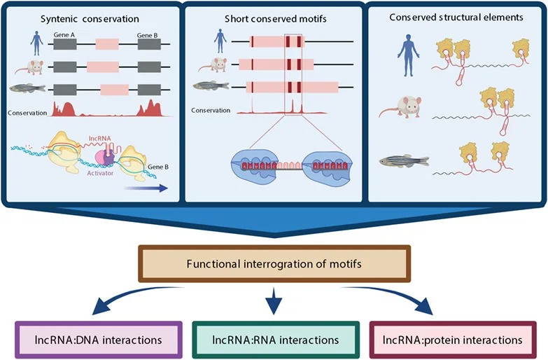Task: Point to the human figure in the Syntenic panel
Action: click(x=35, y=43)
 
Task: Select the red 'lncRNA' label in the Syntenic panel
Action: click(x=100, y=140)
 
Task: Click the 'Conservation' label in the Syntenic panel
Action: click(x=27, y=111)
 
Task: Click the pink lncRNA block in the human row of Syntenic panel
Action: click(x=107, y=43)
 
